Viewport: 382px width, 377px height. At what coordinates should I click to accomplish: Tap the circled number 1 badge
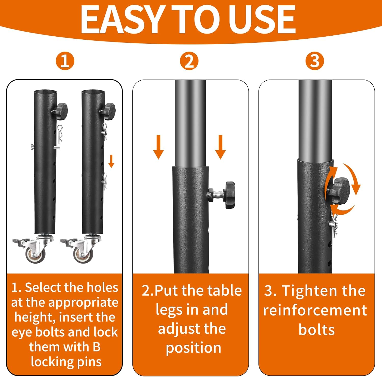click(65, 61)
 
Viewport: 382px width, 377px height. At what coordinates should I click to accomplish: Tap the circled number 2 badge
click(189, 61)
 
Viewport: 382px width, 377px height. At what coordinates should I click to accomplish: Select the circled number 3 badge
click(315, 61)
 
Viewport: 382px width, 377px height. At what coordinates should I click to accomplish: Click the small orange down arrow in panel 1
click(111, 161)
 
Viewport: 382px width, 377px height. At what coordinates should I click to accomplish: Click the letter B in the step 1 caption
click(97, 347)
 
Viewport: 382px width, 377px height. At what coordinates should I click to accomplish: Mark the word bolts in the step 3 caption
click(317, 330)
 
